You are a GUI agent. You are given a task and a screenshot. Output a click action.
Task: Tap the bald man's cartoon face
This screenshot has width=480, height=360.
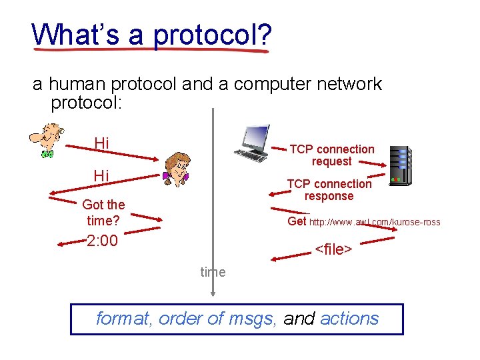(x=47, y=141)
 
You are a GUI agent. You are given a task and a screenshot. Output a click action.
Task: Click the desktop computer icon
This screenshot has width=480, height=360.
(x=251, y=143)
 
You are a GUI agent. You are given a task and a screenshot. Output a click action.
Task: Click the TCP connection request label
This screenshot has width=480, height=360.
(x=331, y=155)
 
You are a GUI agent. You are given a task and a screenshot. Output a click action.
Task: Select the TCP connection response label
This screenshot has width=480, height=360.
(x=329, y=190)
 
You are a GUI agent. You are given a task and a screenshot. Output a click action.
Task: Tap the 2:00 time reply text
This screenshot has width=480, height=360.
(x=102, y=241)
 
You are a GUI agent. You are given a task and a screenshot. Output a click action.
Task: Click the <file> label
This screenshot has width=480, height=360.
(x=333, y=249)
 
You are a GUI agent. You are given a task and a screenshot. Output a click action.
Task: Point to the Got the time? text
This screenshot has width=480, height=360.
(x=103, y=212)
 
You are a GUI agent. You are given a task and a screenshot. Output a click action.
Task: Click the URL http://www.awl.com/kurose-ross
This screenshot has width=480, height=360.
(x=375, y=222)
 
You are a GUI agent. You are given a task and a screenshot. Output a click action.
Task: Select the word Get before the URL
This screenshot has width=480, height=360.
(x=297, y=221)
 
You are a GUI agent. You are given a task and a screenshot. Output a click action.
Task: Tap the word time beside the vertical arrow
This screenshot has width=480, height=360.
(x=213, y=272)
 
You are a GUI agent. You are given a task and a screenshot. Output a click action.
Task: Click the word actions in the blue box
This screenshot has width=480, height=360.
(x=349, y=319)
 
